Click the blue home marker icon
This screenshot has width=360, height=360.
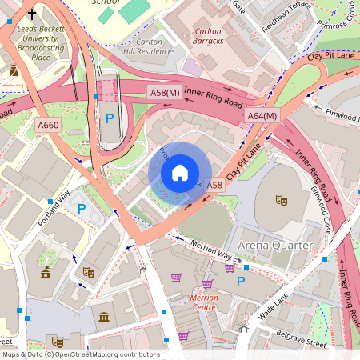click(180, 173)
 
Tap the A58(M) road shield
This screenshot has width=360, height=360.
click(163, 94)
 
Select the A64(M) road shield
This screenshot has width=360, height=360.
click(262, 116)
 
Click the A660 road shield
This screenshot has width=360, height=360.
click(48, 125)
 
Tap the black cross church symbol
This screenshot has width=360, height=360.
click(32, 14)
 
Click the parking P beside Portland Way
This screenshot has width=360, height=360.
click(81, 210)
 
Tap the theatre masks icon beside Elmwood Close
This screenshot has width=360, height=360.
click(281, 199)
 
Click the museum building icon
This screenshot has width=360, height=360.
click(104, 318)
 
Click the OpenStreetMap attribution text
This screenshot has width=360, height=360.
click(80, 354)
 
